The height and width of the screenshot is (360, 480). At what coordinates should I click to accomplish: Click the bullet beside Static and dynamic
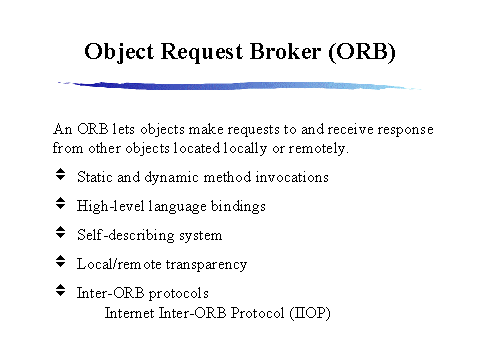(x=59, y=176)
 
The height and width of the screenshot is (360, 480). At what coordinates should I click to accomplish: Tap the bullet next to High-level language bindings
(x=59, y=205)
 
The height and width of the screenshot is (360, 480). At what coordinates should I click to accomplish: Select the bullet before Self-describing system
(x=59, y=234)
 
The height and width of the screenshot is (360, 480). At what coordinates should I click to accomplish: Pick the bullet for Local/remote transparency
(x=59, y=263)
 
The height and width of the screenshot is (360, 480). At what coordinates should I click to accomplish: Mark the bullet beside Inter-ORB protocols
(x=59, y=292)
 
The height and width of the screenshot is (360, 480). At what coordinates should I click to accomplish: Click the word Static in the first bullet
(x=94, y=177)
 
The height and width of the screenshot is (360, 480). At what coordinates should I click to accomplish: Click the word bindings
(x=237, y=206)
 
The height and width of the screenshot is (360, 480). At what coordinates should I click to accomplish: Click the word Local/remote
(x=117, y=264)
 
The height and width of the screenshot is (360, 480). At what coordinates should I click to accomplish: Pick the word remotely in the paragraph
(x=318, y=148)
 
